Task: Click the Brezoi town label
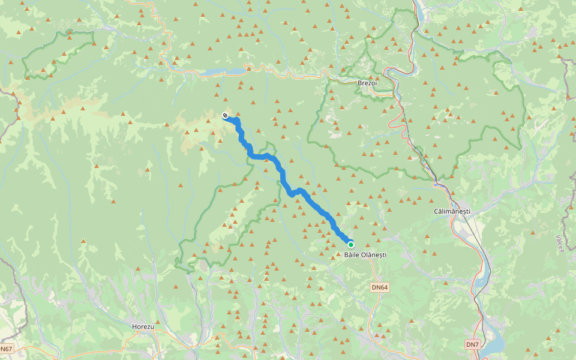tap(367, 83)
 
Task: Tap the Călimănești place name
tap(452, 212)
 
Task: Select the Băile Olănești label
tap(365, 255)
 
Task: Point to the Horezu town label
tap(143, 327)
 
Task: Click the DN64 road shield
tap(380, 287)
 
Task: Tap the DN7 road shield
tap(473, 344)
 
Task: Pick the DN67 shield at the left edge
tap(5, 349)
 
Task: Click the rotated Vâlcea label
tap(560, 244)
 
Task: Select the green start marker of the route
tap(350, 244)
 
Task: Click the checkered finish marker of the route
tap(225, 115)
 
